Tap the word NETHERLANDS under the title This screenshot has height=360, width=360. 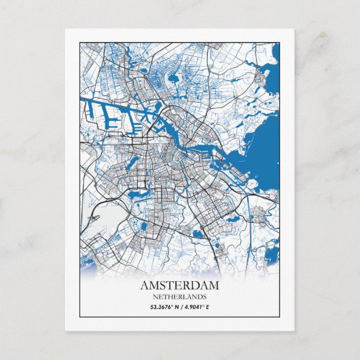[x=180, y=297]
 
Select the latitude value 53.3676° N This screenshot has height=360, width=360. [x=164, y=307]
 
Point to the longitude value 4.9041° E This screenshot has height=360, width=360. [x=198, y=307]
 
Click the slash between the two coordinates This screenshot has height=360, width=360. [x=181, y=307]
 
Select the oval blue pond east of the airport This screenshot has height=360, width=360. [x=198, y=235]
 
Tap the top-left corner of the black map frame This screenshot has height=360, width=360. [x=79, y=42]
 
